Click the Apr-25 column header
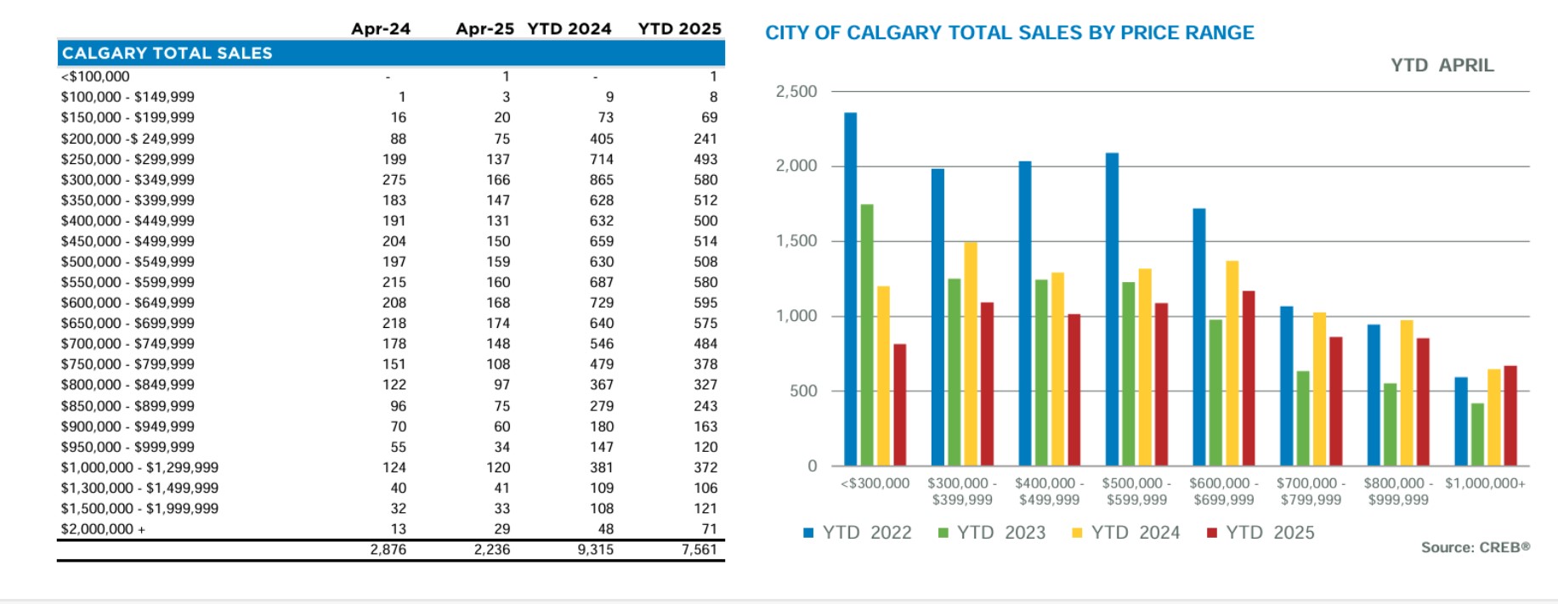pyautogui.click(x=484, y=29)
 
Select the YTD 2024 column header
pyautogui.click(x=569, y=29)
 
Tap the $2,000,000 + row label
pyautogui.click(x=103, y=529)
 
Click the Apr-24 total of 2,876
pyautogui.click(x=388, y=550)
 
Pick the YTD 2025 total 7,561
pyautogui.click(x=699, y=550)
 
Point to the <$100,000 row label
pyautogui.click(x=95, y=76)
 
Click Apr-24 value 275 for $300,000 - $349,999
pyautogui.click(x=394, y=180)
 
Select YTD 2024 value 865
pyautogui.click(x=601, y=180)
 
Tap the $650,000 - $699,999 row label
pyautogui.click(x=127, y=324)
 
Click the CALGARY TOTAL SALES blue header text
pyautogui.click(x=167, y=54)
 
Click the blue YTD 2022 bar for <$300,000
pyautogui.click(x=850, y=289)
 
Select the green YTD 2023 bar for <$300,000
pyautogui.click(x=867, y=335)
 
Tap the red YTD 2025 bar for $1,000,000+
pyautogui.click(x=1510, y=415)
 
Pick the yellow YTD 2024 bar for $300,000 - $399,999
pyautogui.click(x=971, y=353)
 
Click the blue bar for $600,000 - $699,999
pyautogui.click(x=1199, y=336)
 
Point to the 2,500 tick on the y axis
pyautogui.click(x=796, y=92)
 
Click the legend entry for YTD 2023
pyautogui.click(x=992, y=533)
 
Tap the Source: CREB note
pyautogui.click(x=1475, y=548)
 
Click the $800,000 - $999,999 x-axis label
pyautogui.click(x=1398, y=492)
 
